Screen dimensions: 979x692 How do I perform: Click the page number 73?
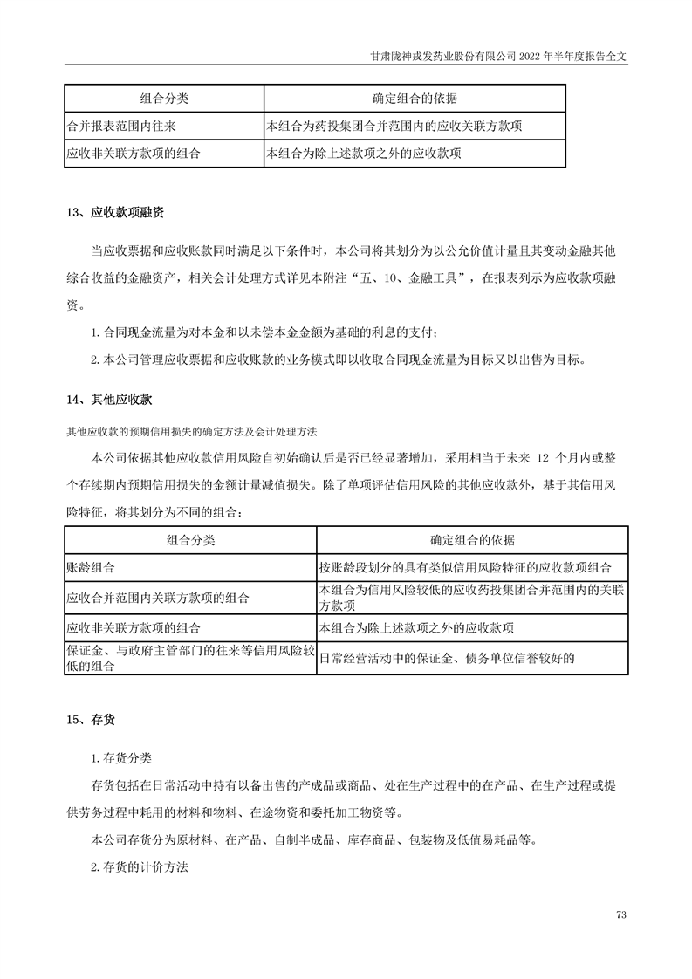click(621, 914)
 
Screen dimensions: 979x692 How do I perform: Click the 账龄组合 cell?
click(91, 566)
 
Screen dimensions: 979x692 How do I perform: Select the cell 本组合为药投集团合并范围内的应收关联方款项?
click(394, 126)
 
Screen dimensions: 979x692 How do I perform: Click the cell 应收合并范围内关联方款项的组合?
click(158, 598)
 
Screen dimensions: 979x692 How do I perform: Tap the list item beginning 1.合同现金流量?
click(271, 333)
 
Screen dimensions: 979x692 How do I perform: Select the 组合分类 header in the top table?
click(164, 98)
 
